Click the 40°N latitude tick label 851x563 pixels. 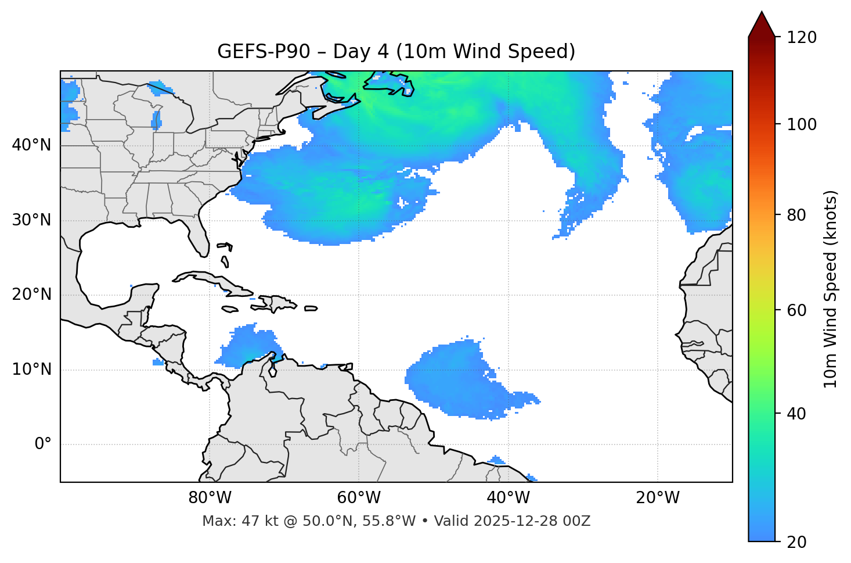(x=31, y=145)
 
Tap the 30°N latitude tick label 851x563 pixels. (x=31, y=220)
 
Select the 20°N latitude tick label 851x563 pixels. (x=31, y=295)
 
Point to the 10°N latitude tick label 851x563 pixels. (x=31, y=370)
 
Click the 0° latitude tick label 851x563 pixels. (x=43, y=444)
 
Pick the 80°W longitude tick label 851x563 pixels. (x=210, y=498)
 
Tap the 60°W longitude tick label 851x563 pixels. (x=359, y=498)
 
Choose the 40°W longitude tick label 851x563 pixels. (x=509, y=498)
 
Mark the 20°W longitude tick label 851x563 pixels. (x=658, y=498)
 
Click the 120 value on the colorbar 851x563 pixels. (x=802, y=38)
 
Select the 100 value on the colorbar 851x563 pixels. (x=802, y=124)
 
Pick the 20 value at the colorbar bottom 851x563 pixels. (x=798, y=542)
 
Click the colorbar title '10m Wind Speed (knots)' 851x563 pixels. (x=831, y=289)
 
